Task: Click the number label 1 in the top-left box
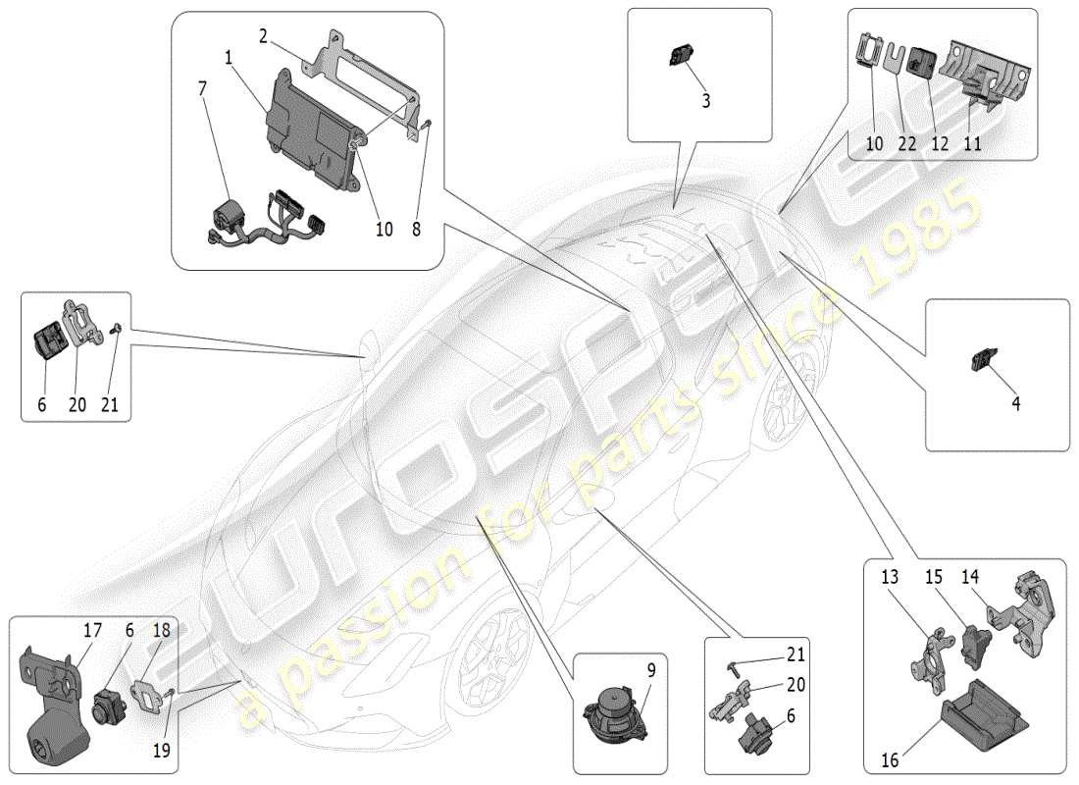pyautogui.click(x=229, y=58)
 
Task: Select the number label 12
pyautogui.click(x=940, y=143)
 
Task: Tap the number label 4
pyautogui.click(x=1015, y=403)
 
